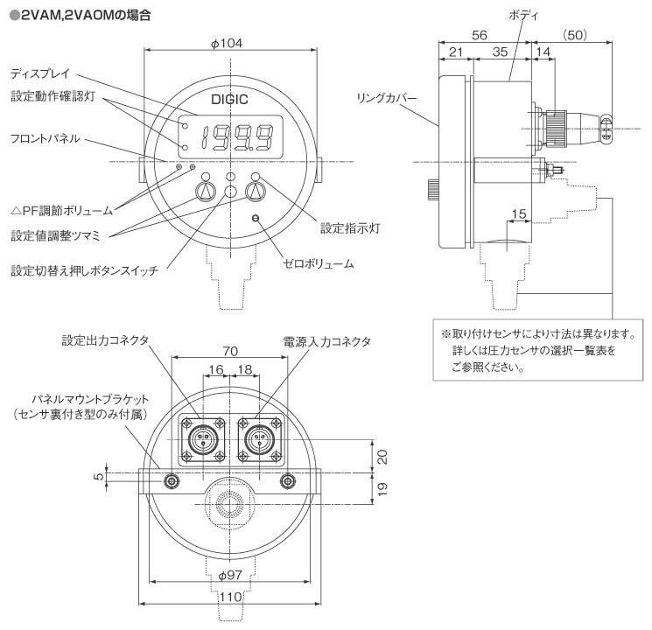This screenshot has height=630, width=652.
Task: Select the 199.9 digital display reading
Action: coord(236,136)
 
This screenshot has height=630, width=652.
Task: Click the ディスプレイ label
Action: coord(41,73)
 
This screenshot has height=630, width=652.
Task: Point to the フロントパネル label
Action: coord(46,138)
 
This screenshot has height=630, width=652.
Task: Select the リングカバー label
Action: coord(385,98)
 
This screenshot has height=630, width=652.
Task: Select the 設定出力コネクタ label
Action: coord(106,339)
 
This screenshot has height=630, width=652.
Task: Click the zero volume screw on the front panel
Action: coord(256,218)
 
